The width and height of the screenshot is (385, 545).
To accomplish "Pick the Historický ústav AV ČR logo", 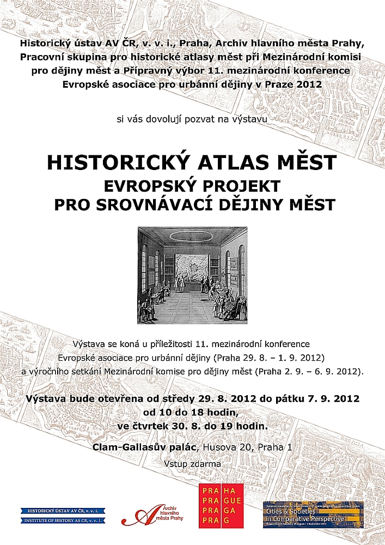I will [63, 515].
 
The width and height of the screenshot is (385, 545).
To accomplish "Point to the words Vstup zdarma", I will [192, 464].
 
